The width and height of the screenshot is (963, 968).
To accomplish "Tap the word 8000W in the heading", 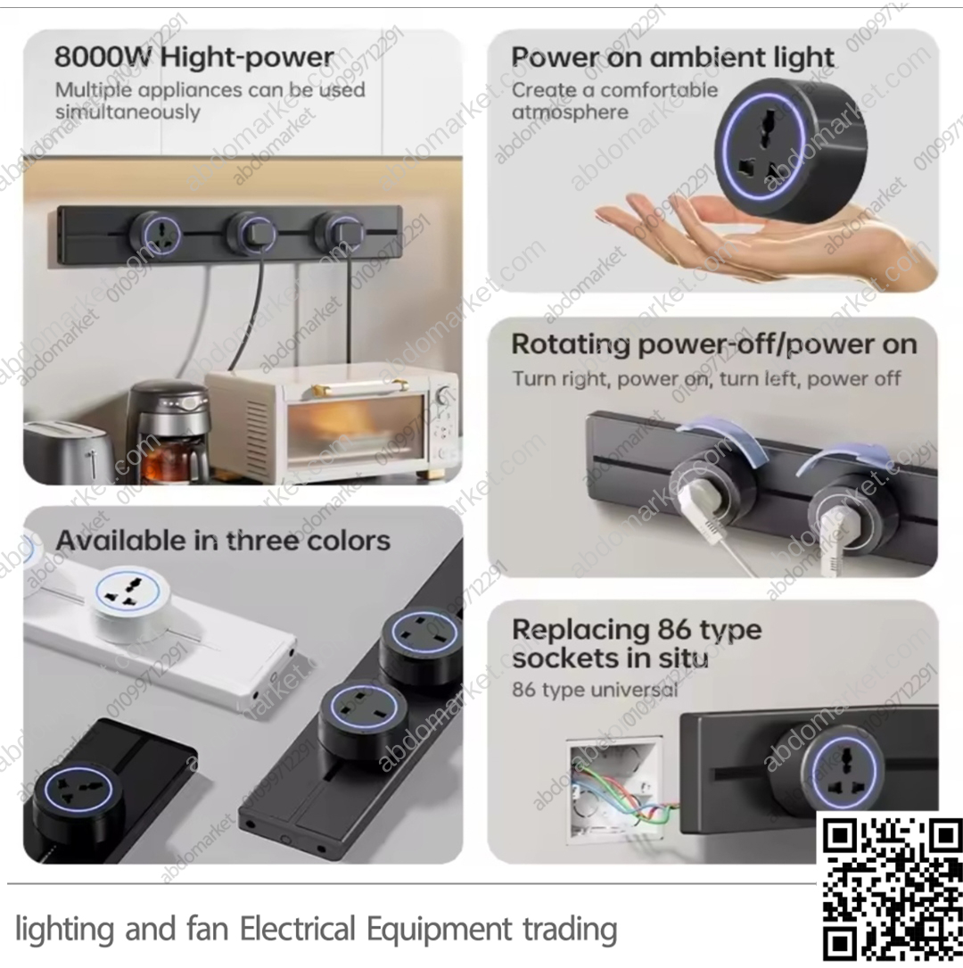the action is [103, 57].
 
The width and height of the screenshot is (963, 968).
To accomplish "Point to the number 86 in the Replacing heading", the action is [679, 630].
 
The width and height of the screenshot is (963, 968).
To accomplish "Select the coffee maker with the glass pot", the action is [169, 429].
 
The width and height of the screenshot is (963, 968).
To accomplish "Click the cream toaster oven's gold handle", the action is [359, 389].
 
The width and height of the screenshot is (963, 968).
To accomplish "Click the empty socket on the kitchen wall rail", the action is [155, 236].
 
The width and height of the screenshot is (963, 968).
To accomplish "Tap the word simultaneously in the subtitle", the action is [128, 112].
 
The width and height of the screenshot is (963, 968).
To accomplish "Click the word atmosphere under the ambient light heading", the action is [570, 112].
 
